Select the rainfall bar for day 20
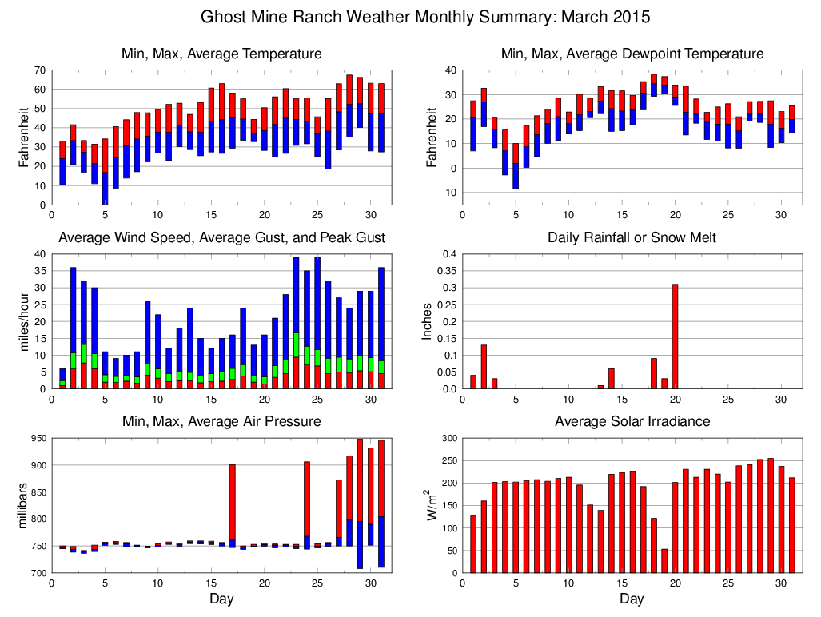675,336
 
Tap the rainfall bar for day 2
484,367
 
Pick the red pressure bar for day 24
307,499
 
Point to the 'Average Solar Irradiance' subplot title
632,421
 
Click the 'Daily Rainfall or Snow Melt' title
632,237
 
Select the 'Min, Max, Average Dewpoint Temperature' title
632,54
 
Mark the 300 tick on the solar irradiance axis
449,439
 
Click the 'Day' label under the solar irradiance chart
632,598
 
